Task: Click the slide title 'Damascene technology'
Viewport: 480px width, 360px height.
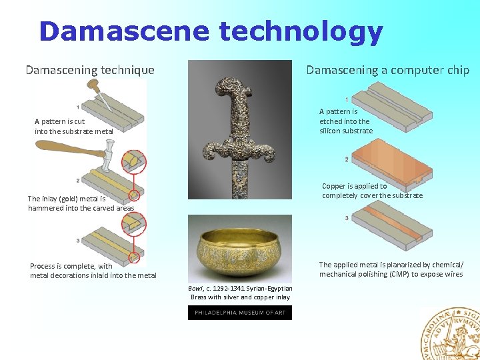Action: pos(211,31)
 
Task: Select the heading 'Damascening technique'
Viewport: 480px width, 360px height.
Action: pos(90,69)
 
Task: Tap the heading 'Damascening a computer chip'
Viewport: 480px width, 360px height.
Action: pos(387,69)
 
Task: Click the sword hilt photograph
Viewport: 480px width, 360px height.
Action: pos(239,130)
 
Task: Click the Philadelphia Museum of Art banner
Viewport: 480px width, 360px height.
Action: pos(239,313)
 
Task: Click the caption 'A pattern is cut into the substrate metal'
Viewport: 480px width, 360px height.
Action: pos(74,127)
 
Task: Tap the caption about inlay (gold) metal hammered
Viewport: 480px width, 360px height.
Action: pos(81,203)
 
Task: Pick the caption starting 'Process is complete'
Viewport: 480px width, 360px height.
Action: pos(93,271)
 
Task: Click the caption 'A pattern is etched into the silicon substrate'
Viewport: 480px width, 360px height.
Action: pos(345,121)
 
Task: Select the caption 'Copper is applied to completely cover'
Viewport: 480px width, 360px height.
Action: pos(372,191)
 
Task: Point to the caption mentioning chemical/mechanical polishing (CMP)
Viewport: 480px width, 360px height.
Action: pos(391,269)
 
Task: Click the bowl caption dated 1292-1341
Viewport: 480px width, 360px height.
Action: pos(241,292)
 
